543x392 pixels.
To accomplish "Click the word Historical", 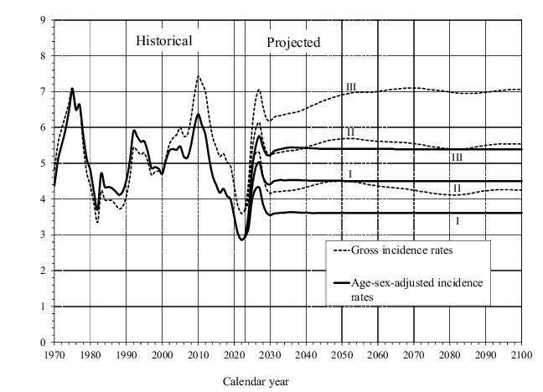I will [164, 40].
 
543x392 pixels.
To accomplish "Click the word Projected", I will [293, 43].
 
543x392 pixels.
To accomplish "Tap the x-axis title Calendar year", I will [256, 380].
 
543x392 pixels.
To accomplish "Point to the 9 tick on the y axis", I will [44, 19].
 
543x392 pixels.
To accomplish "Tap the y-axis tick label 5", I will [44, 163].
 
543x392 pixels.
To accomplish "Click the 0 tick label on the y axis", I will [44, 343].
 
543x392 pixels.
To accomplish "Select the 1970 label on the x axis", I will [54, 354].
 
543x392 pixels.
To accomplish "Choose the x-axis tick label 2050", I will [341, 354].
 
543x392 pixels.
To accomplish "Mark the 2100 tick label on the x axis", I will [520, 354].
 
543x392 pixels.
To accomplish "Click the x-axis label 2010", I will [198, 354].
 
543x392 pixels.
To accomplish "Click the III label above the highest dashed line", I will [351, 88].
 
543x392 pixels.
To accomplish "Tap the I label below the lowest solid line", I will [458, 221].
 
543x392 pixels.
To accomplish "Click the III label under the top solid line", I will [457, 157].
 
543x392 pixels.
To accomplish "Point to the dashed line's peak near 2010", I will [198, 77].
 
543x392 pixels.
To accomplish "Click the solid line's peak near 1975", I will [72, 88].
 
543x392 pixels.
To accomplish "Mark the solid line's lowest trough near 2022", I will [242, 240].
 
